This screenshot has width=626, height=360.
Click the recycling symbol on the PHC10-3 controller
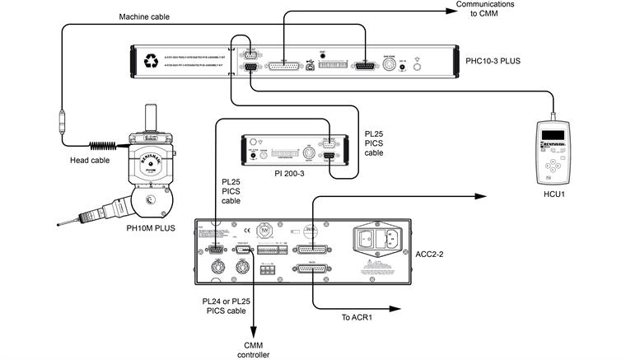pos(150,60)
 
